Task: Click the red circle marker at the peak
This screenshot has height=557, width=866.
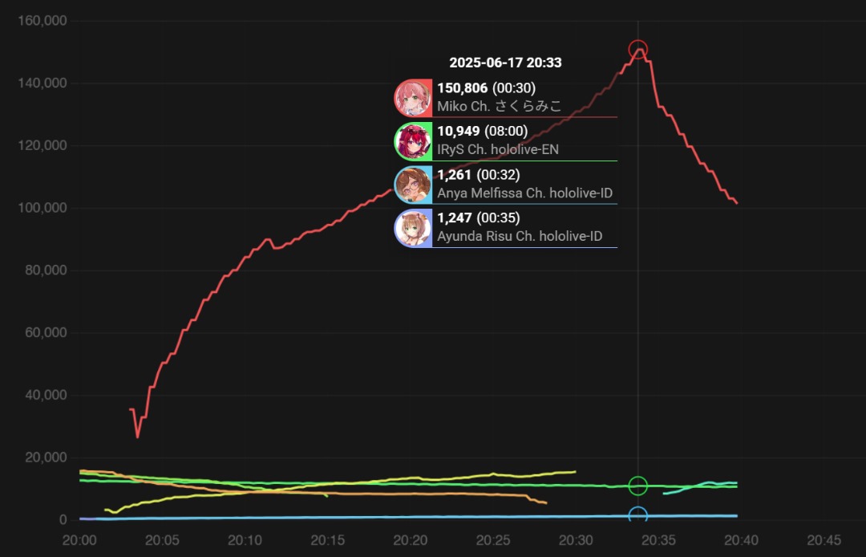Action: pyautogui.click(x=637, y=50)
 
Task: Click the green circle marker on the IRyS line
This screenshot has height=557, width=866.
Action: pyautogui.click(x=637, y=486)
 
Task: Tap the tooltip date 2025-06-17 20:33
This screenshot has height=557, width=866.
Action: pyautogui.click(x=505, y=63)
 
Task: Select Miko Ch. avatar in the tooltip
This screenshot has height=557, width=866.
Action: pyautogui.click(x=413, y=98)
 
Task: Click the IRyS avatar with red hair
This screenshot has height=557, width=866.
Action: pyautogui.click(x=413, y=141)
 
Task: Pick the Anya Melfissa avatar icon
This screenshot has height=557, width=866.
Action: pyautogui.click(x=413, y=185)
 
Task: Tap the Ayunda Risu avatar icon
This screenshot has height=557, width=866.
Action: pyautogui.click(x=413, y=228)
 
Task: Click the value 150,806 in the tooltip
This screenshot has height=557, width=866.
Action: pyautogui.click(x=462, y=88)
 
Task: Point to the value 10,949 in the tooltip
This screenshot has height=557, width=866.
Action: pyautogui.click(x=458, y=132)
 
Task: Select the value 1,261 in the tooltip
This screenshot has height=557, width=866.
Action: pyautogui.click(x=453, y=175)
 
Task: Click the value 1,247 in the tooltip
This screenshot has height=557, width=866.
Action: pyautogui.click(x=453, y=218)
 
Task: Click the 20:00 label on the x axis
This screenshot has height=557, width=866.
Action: pyautogui.click(x=80, y=540)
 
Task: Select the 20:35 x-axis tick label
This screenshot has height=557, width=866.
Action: pyautogui.click(x=658, y=540)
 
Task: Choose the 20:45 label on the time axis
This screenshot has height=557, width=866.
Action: pyautogui.click(x=824, y=540)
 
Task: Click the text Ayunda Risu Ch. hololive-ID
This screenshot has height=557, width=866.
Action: pyautogui.click(x=520, y=237)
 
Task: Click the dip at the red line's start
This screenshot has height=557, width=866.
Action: pyautogui.click(x=138, y=437)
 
